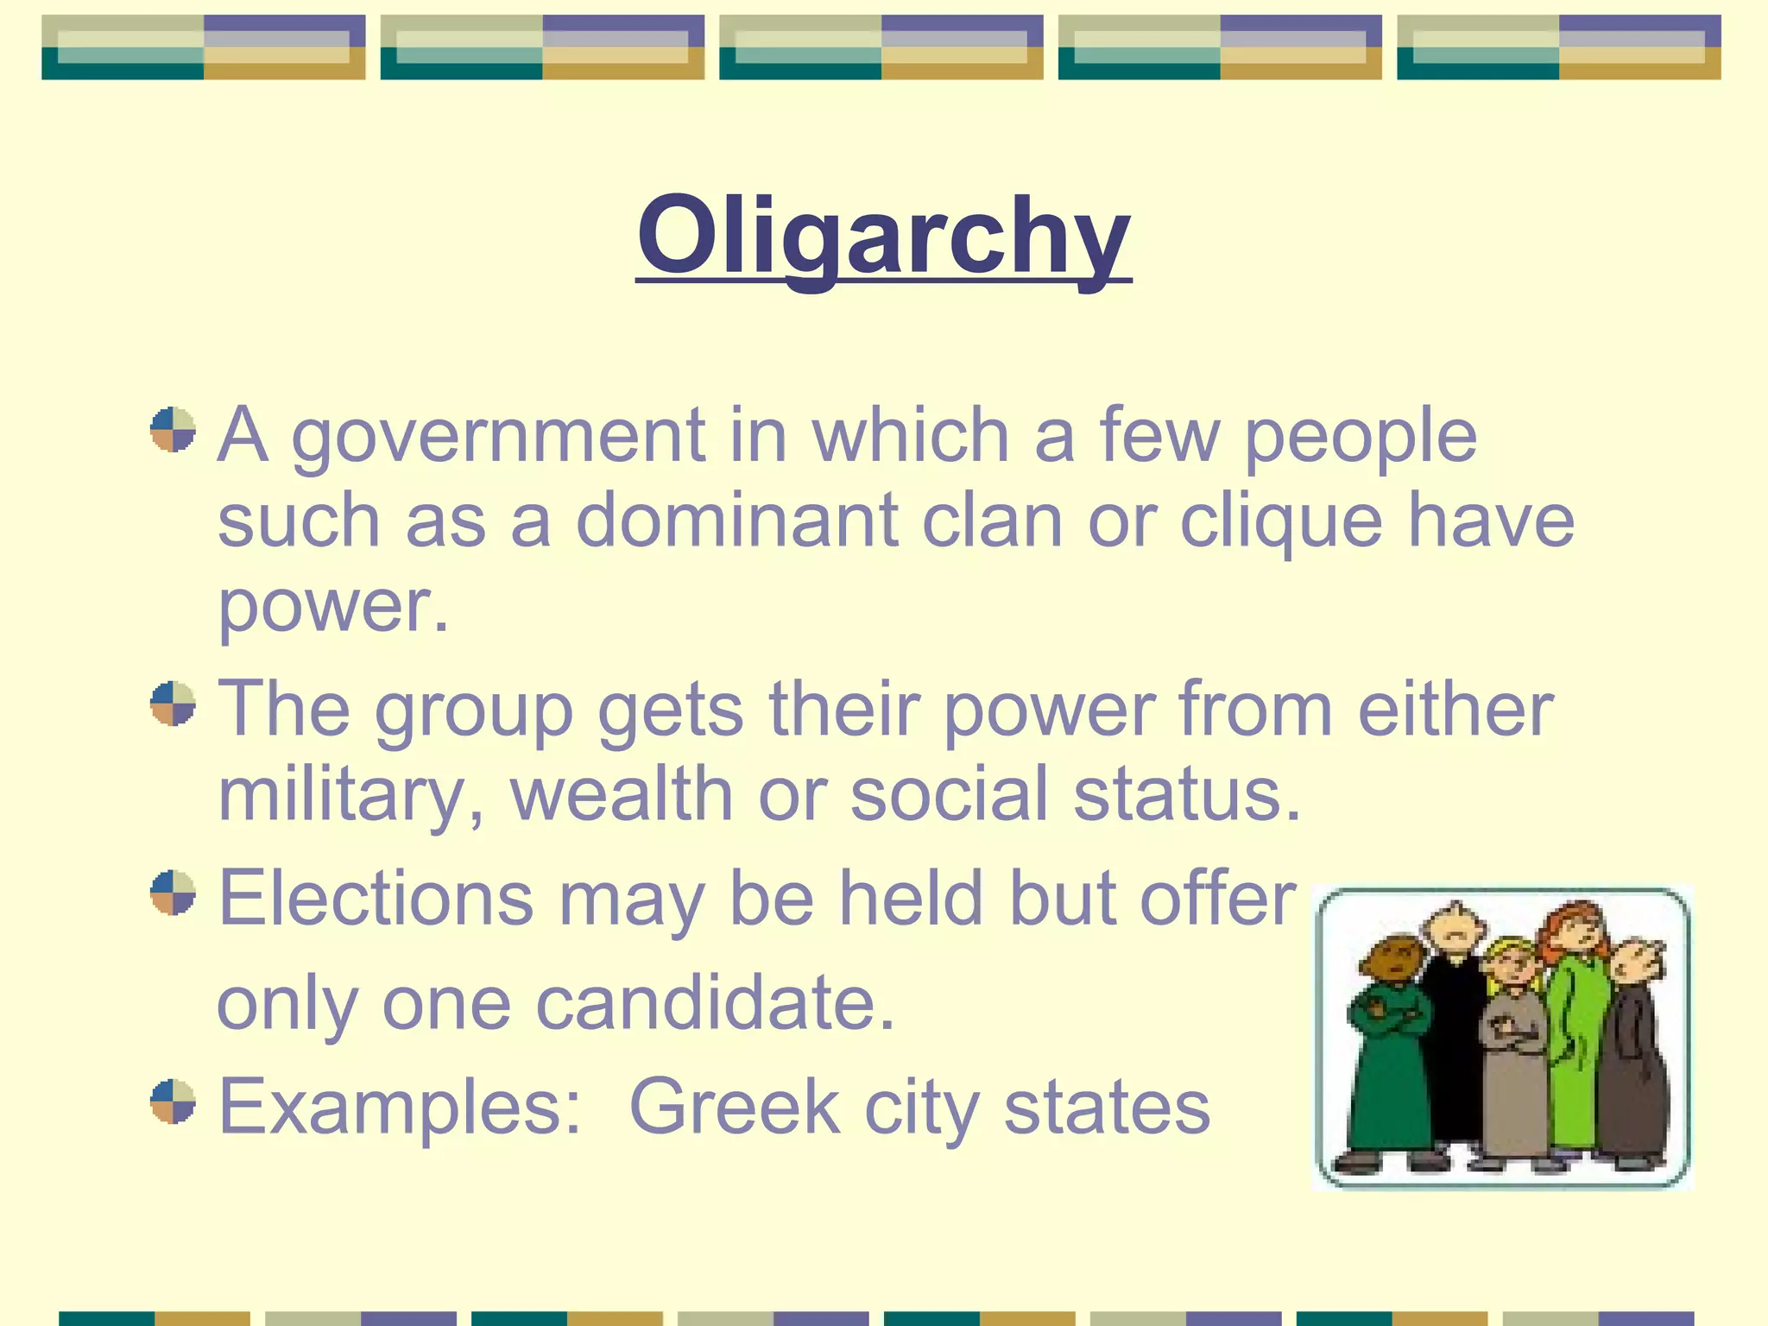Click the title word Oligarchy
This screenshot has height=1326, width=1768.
[883, 235]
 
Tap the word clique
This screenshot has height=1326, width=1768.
[1281, 521]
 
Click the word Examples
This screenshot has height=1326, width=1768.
[400, 1107]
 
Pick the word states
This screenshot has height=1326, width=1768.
[1107, 1107]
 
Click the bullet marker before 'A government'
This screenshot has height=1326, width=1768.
[173, 430]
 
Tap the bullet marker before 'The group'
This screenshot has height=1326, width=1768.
[173, 704]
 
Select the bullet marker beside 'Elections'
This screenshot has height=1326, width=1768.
[173, 893]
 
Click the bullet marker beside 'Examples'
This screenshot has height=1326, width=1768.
[173, 1102]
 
